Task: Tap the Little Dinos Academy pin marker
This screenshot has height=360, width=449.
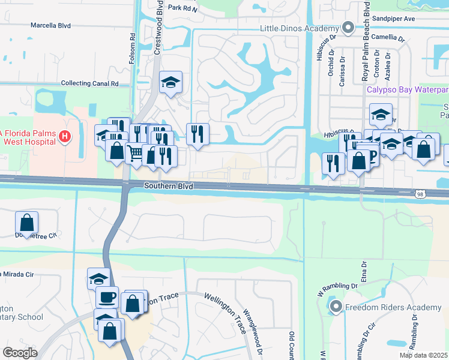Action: click(348, 28)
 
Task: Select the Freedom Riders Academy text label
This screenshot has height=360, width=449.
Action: click(393, 308)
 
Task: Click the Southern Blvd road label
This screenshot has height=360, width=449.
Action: click(169, 187)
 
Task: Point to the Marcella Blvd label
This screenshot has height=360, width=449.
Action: click(51, 26)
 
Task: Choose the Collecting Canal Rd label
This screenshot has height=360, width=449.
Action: click(90, 84)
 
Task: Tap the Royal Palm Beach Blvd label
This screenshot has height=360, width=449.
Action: click(364, 42)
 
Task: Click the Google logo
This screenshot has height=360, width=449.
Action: click(20, 353)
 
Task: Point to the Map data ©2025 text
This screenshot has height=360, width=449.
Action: click(423, 355)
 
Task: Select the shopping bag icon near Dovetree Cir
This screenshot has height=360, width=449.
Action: click(27, 223)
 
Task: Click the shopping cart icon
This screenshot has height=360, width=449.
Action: click(136, 154)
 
